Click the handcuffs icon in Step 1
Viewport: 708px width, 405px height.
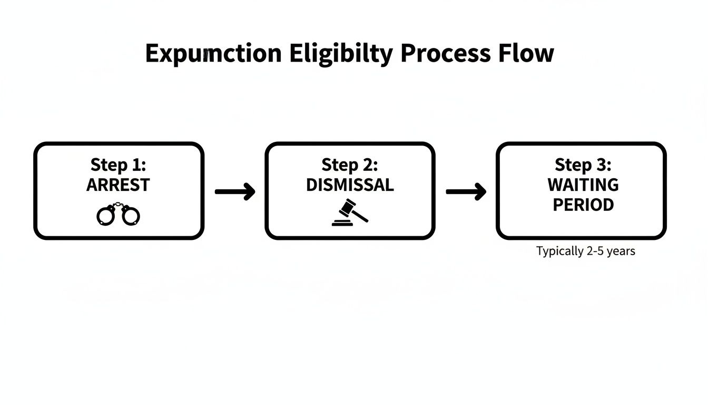pyautogui.click(x=119, y=215)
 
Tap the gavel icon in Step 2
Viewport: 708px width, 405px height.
pyautogui.click(x=350, y=212)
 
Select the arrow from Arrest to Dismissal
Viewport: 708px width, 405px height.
pyautogui.click(x=235, y=192)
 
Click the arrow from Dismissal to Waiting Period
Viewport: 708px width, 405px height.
pyautogui.click(x=466, y=192)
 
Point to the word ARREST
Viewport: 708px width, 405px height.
pyautogui.click(x=118, y=185)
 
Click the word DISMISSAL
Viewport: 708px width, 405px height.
pyautogui.click(x=350, y=185)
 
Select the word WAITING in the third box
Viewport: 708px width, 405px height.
pyautogui.click(x=583, y=185)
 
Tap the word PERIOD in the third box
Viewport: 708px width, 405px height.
pyautogui.click(x=583, y=205)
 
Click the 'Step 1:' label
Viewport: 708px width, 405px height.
pyautogui.click(x=118, y=165)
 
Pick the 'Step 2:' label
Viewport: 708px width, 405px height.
pyautogui.click(x=350, y=165)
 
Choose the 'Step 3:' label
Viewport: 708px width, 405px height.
pyautogui.click(x=583, y=165)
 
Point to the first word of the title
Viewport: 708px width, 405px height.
pyautogui.click(x=213, y=54)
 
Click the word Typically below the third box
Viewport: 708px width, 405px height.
pyautogui.click(x=560, y=252)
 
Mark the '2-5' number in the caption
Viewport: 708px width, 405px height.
pyautogui.click(x=594, y=251)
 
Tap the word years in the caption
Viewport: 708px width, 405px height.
pyautogui.click(x=621, y=252)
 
